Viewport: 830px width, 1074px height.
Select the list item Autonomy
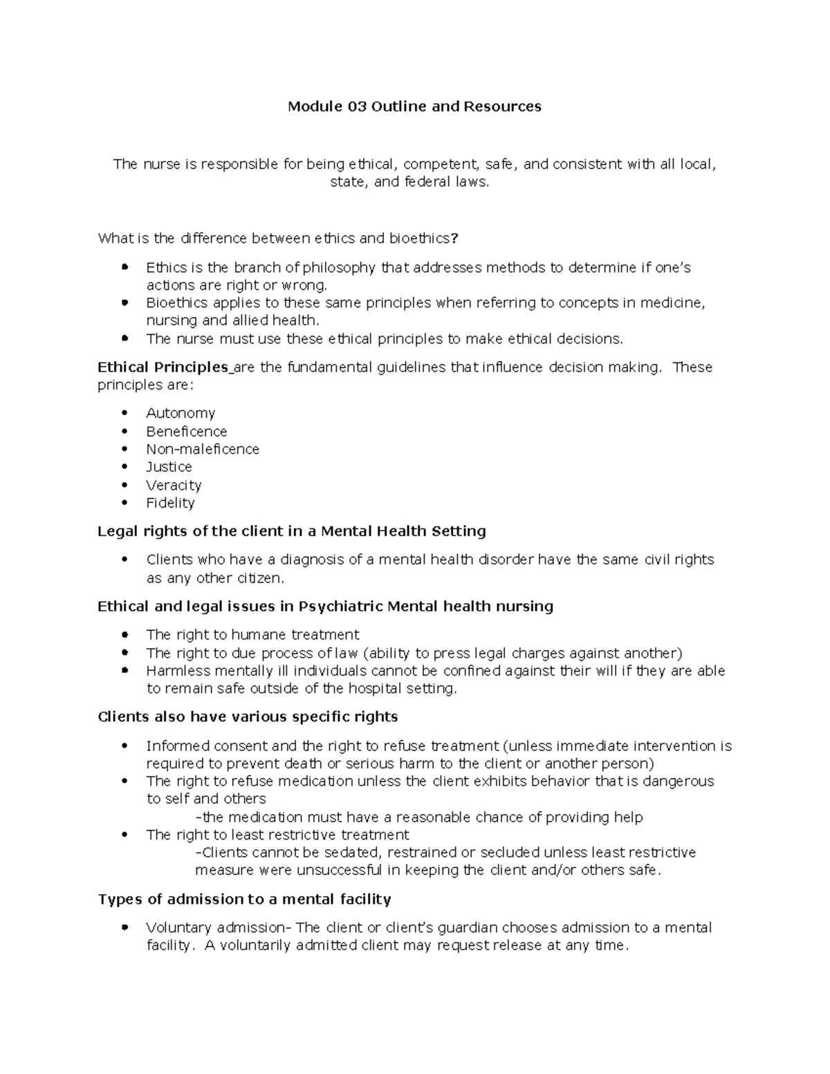pos(181,414)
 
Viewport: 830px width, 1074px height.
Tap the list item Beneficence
pos(186,432)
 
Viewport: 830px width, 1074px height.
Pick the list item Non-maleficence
pos(202,450)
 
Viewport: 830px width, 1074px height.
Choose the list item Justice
pos(169,467)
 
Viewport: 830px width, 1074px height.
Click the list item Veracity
pos(174,485)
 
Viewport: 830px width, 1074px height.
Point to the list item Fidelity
pos(170,503)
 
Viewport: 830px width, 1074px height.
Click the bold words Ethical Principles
pos(163,367)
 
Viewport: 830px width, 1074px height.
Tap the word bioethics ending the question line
pos(418,239)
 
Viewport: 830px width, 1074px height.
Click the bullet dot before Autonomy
pos(124,414)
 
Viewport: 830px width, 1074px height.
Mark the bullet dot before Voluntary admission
pos(124,928)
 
